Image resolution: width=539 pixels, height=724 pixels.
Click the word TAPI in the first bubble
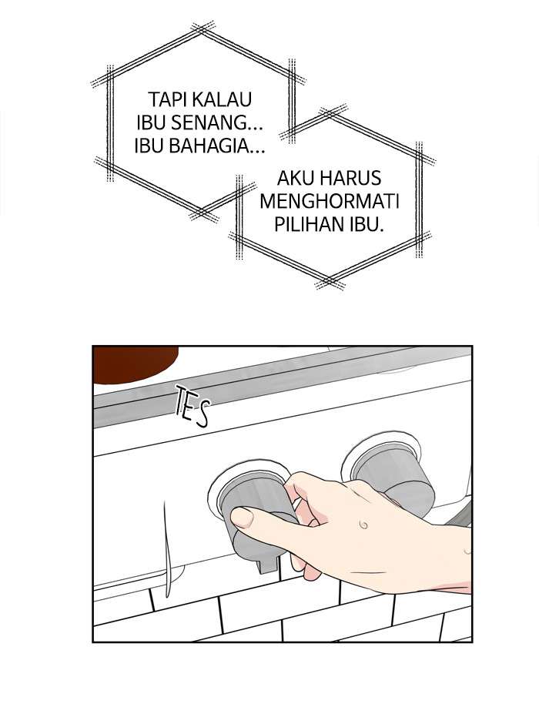[x=161, y=99]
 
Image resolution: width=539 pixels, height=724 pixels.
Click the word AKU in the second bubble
[x=293, y=179]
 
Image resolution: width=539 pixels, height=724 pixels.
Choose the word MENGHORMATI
[x=330, y=202]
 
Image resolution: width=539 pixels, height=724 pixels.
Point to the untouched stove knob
[x=392, y=475]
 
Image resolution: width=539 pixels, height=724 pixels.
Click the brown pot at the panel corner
[x=134, y=364]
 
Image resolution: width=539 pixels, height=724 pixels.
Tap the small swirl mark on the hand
[x=363, y=525]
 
